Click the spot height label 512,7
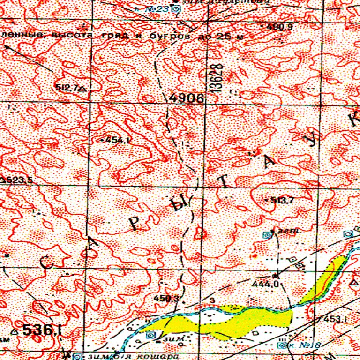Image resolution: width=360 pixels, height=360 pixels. click(x=66, y=87)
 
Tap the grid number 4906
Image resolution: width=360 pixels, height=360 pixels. click(x=187, y=98)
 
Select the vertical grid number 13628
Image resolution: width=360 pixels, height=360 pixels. click(x=216, y=77)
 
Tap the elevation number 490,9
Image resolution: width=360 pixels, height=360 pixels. click(x=279, y=27)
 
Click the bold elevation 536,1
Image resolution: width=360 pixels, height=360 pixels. click(x=42, y=330)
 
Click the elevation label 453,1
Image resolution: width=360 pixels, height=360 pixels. click(x=335, y=320)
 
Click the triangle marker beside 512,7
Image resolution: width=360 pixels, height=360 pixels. click(x=82, y=88)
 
